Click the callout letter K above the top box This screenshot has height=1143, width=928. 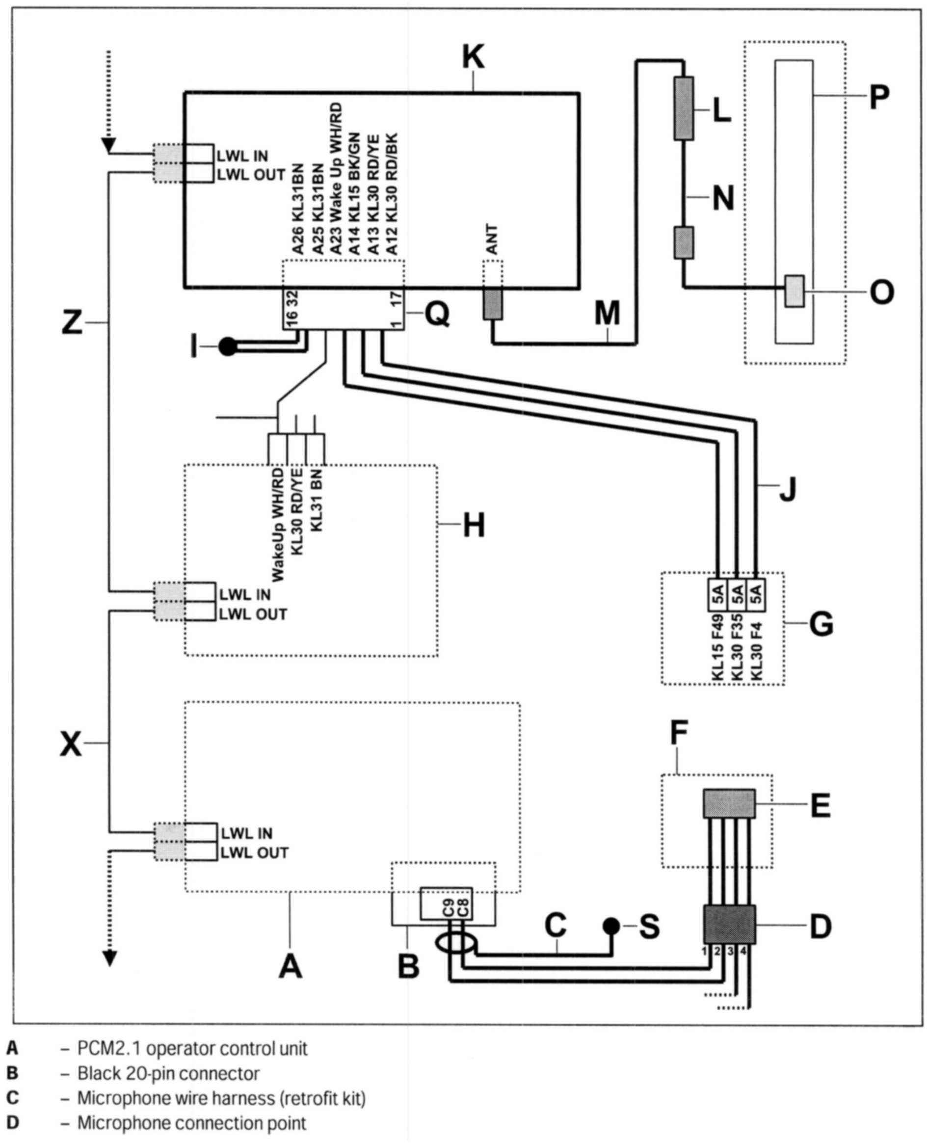click(x=473, y=57)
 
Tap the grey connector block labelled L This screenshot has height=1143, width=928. click(x=684, y=108)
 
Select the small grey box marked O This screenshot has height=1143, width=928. click(x=795, y=291)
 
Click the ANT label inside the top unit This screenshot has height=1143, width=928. click(x=492, y=240)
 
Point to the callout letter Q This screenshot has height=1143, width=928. click(x=436, y=314)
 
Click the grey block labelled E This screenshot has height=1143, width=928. click(x=729, y=803)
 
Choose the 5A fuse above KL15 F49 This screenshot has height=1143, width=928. click(x=718, y=594)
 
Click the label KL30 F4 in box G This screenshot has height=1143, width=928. click(x=756, y=651)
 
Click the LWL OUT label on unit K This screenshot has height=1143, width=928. click(x=251, y=175)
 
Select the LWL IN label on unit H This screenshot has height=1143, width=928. click(x=245, y=594)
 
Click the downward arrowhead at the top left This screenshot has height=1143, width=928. click(x=108, y=145)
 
